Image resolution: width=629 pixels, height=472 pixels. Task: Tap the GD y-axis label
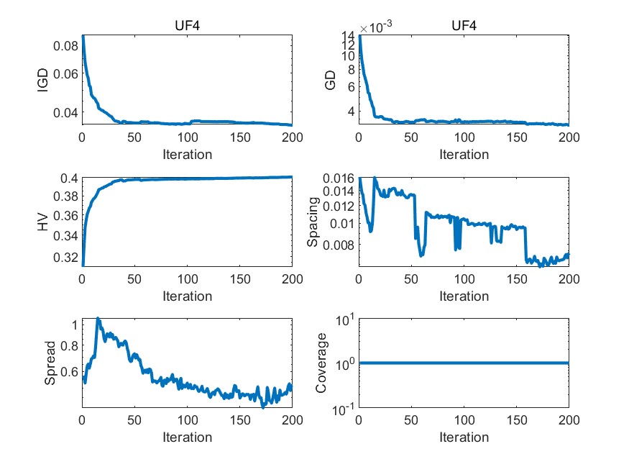click(x=331, y=81)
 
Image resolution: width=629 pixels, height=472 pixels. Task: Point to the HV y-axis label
click(x=43, y=222)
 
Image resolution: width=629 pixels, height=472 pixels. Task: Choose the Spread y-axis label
click(x=50, y=363)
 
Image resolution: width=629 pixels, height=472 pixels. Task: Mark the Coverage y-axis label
click(x=321, y=363)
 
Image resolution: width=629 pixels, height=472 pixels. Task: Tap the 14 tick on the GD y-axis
click(x=347, y=36)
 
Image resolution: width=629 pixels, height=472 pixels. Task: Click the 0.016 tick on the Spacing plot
click(x=337, y=178)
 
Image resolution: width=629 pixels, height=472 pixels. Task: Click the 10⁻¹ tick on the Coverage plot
click(x=340, y=409)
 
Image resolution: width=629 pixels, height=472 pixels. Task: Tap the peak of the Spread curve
click(x=98, y=319)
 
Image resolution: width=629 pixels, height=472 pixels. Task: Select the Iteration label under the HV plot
click(x=187, y=296)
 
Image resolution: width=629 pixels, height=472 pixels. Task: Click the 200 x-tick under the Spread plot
click(x=292, y=421)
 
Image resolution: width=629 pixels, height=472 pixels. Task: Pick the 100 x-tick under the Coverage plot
click(x=464, y=421)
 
